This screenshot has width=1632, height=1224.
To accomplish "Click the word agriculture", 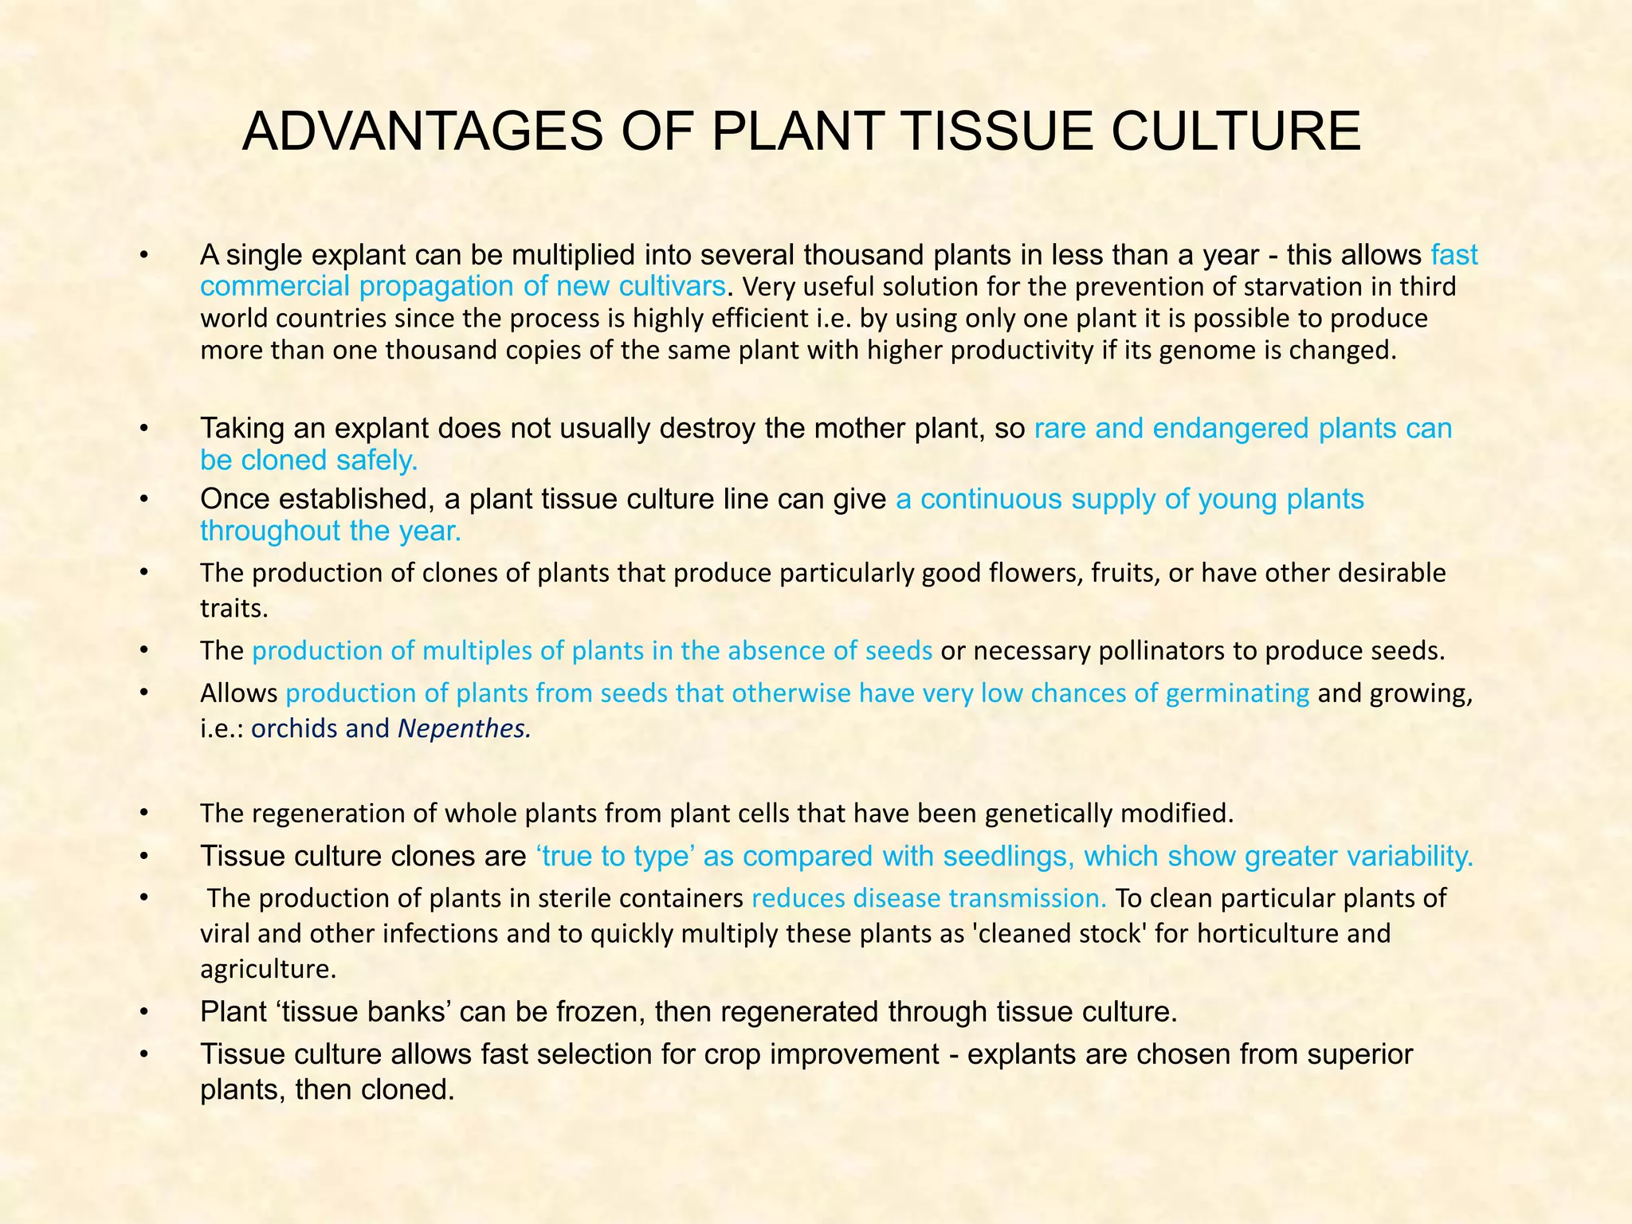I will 268,969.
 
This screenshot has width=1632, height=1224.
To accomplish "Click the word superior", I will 1361,1054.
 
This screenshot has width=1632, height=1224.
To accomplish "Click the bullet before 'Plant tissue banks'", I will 144,1012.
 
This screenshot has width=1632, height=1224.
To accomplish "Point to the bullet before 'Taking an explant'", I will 144,429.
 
